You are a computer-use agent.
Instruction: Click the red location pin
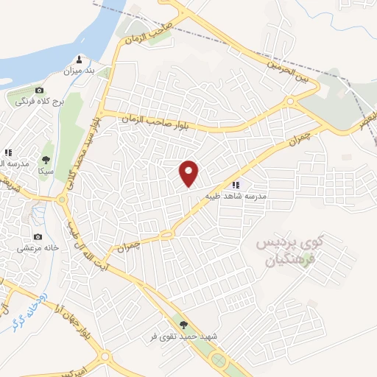click(190, 174)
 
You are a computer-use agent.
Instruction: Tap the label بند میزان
click(80, 71)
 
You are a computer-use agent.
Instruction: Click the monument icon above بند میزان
click(80, 60)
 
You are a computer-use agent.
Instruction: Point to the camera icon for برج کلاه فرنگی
click(39, 90)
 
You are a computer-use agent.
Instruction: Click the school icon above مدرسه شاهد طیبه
click(236, 185)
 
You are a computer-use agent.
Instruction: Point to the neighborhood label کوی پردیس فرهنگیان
click(287, 250)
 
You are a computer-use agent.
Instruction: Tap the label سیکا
click(46, 170)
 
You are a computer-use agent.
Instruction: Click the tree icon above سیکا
click(46, 158)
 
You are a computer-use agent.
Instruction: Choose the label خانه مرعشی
click(38, 249)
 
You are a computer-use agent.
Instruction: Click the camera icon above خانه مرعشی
click(38, 237)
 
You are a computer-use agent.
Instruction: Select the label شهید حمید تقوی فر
click(185, 336)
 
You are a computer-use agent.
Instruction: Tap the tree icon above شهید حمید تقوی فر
click(183, 324)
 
